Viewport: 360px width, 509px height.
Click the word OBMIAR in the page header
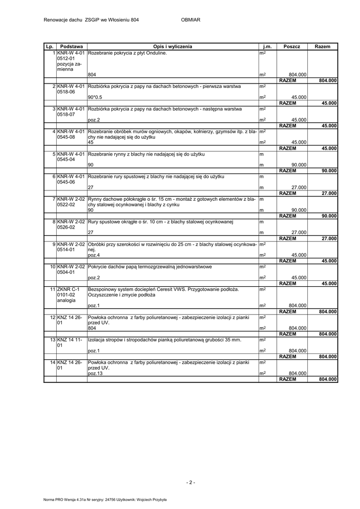(191, 20)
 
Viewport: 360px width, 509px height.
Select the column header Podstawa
(71, 46)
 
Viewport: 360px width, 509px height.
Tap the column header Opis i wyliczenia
(173, 46)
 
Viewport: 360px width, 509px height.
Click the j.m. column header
(267, 46)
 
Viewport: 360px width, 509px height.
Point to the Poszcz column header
(292, 46)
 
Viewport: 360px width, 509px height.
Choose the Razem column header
(322, 46)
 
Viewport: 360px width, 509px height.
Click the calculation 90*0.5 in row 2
(95, 97)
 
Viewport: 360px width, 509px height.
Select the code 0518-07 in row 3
(66, 114)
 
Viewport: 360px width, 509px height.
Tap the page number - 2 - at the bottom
(191, 482)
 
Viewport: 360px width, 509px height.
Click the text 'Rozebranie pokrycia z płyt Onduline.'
(127, 52)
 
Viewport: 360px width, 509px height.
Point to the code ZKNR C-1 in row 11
(68, 289)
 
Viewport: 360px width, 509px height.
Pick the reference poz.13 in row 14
(95, 373)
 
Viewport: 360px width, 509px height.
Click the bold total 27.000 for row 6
(329, 193)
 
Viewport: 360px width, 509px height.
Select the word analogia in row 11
(66, 300)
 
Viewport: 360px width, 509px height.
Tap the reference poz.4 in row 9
(93, 255)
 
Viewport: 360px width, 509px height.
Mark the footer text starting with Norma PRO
(105, 500)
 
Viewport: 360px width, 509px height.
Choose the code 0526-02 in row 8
(66, 227)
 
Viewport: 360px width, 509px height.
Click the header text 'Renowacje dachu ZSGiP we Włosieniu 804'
(91, 20)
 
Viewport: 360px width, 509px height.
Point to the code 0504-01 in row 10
(66, 272)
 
